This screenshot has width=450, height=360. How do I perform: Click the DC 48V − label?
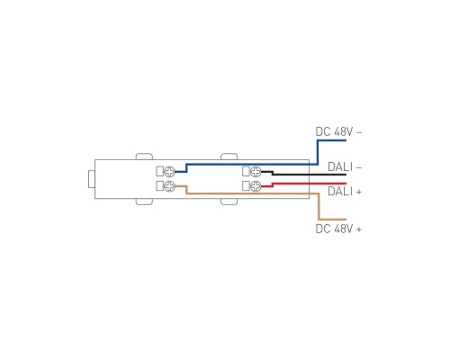(338, 131)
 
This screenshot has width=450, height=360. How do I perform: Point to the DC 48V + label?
(338, 229)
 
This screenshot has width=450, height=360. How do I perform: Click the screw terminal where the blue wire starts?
(169, 171)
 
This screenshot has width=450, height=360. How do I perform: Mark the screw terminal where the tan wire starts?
(169, 186)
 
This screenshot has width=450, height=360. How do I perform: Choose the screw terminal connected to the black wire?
(255, 171)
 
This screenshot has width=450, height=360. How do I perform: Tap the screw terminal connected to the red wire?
(255, 186)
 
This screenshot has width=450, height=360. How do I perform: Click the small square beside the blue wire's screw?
(160, 171)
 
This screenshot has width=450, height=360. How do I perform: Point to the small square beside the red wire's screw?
(246, 186)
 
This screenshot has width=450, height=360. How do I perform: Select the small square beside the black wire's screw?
(246, 171)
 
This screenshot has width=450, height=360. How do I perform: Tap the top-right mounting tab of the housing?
(231, 157)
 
